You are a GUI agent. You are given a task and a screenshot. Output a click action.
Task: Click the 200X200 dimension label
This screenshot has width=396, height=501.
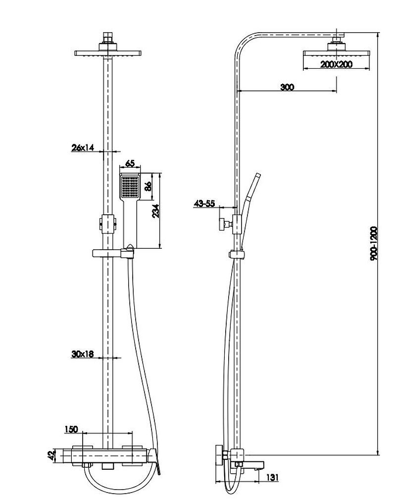click(336, 64)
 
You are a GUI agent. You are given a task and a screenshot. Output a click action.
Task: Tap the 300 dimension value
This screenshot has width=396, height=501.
click(287, 87)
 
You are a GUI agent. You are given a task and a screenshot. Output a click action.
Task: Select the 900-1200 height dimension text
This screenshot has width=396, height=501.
click(374, 243)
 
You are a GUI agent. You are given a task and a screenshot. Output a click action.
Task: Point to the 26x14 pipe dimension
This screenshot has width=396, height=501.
click(83, 147)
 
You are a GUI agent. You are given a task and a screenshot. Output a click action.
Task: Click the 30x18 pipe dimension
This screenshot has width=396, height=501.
click(83, 354)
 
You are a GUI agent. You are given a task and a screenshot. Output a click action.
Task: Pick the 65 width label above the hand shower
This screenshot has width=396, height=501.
click(130, 164)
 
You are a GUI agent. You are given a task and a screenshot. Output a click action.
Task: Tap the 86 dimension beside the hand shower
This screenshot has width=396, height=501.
click(148, 186)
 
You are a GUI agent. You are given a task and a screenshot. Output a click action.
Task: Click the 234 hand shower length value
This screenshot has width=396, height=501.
click(155, 211)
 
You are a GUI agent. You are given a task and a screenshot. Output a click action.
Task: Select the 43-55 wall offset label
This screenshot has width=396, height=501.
click(205, 203)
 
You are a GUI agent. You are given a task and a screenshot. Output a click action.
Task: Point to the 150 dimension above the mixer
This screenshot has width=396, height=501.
click(71, 429)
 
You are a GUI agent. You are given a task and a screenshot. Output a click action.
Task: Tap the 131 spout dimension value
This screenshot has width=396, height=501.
click(272, 478)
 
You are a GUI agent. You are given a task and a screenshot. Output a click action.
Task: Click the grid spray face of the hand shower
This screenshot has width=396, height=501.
click(130, 187)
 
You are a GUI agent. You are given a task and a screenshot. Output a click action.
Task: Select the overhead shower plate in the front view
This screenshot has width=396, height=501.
click(108, 53)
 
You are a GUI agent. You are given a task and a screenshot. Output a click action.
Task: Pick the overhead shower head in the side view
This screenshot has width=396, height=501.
click(337, 53)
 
